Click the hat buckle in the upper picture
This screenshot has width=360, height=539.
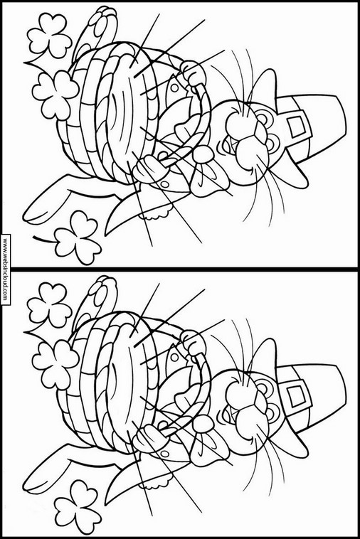pos(297,124)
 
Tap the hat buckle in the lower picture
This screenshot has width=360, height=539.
pos(297,394)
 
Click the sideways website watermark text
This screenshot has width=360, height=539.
pos(5,269)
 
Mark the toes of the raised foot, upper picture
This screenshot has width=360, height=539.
pos(102,20)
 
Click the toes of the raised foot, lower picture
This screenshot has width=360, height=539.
pos(102,289)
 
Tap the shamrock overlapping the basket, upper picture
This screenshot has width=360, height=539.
pos(55,95)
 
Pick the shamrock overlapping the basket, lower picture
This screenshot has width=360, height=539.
pos(55,365)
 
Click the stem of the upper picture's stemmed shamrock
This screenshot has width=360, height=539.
pos(44,239)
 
